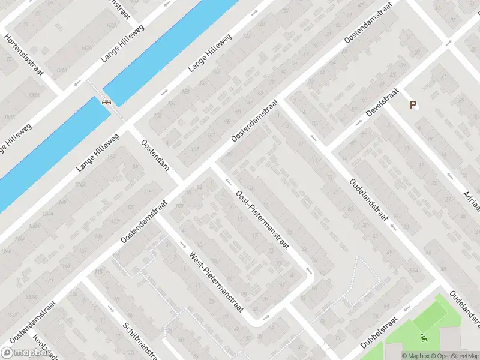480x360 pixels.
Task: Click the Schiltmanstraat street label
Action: (139, 337)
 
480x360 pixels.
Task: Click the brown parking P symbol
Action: (413, 105)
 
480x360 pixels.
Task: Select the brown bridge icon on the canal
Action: (107, 101)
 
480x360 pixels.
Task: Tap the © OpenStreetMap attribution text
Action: (455, 356)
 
